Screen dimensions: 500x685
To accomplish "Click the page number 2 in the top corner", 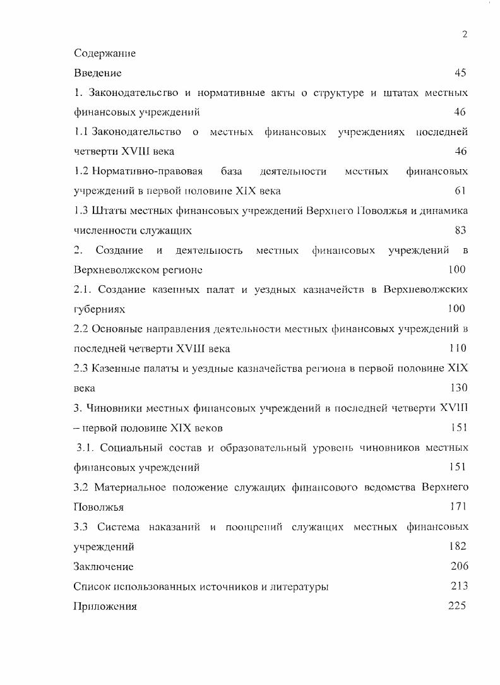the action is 465,34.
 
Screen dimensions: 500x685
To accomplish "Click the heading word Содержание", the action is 105,53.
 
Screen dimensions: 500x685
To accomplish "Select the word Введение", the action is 97,73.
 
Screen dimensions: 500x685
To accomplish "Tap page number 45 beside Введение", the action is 460,73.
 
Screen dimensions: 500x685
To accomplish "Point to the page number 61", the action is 460,191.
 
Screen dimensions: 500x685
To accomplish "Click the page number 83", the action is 460,230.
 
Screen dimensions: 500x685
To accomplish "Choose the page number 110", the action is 457,348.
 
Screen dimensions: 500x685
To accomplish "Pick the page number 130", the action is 458,388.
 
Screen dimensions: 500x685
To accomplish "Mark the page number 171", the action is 458,506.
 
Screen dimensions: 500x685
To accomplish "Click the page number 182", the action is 458,546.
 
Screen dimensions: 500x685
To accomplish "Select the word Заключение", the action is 104,566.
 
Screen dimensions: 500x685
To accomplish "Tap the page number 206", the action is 459,566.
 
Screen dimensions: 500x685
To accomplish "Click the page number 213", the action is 459,587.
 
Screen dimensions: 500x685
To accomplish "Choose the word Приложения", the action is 105,607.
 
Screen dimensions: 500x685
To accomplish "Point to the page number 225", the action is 456,606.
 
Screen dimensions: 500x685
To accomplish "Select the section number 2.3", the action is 81,368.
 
